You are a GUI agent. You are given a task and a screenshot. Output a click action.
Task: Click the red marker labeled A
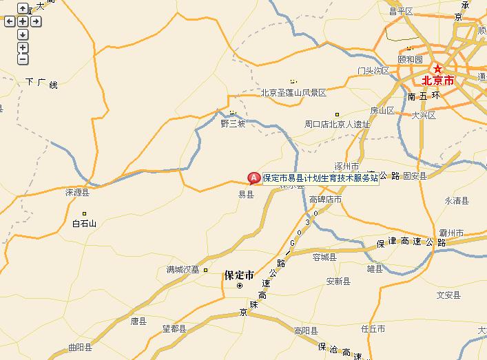[x=253, y=178]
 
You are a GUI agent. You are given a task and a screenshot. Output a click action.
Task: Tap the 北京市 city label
[x=438, y=81]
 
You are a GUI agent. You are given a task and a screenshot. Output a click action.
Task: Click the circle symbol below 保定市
[x=240, y=285]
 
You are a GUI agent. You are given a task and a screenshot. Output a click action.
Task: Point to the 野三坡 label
[x=233, y=124]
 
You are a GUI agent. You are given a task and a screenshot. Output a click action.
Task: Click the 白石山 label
[x=85, y=223]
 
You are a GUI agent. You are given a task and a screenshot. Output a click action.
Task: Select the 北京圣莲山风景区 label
[x=293, y=92]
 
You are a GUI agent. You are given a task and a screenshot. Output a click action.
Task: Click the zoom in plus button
[x=23, y=47]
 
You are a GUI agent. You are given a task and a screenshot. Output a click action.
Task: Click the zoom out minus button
[x=23, y=59]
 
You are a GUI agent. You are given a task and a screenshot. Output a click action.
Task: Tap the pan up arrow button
[x=23, y=9]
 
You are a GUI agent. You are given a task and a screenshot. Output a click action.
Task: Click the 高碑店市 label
[x=325, y=200]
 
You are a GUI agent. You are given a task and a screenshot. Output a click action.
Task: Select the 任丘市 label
[x=373, y=329]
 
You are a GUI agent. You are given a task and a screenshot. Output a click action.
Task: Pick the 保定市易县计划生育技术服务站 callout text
[x=320, y=178]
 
